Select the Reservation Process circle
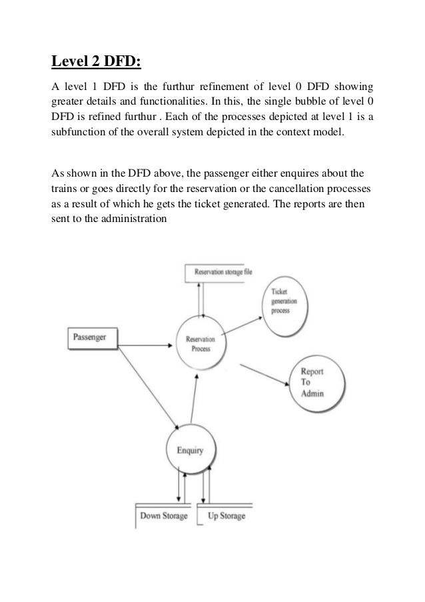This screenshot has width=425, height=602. pyautogui.click(x=201, y=343)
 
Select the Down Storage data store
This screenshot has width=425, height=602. pyautogui.click(x=163, y=516)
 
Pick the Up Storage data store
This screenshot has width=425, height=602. pyautogui.click(x=226, y=516)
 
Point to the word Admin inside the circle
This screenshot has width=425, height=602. pyautogui.click(x=312, y=393)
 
